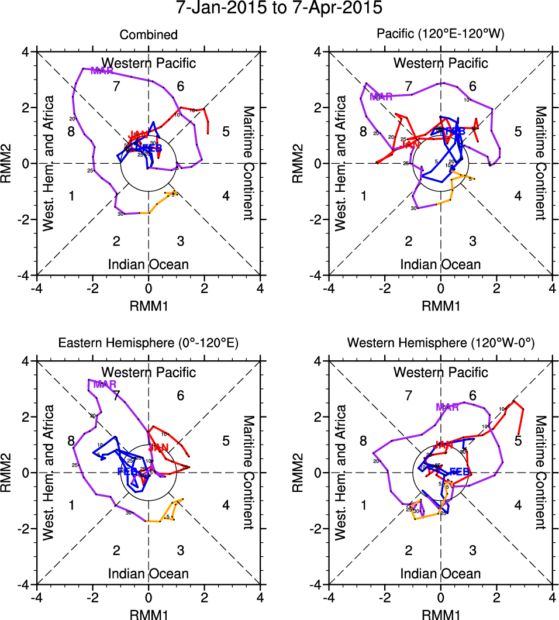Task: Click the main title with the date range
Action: pyautogui.click(x=279, y=9)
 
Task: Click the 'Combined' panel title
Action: pyautogui.click(x=149, y=35)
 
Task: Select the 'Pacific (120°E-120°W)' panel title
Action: pyautogui.click(x=441, y=35)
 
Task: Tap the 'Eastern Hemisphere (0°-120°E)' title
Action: pyautogui.click(x=149, y=345)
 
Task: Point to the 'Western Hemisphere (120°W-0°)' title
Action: pyautogui.click(x=441, y=345)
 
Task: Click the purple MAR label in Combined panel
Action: pyautogui.click(x=102, y=71)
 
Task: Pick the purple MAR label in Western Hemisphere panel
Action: pyautogui.click(x=447, y=407)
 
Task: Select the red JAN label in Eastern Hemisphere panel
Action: pyautogui.click(x=158, y=448)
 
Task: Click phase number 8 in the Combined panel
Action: pyautogui.click(x=71, y=131)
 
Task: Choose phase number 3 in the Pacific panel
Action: pyautogui.click(x=472, y=241)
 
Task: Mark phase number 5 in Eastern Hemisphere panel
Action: pyautogui.click(x=226, y=441)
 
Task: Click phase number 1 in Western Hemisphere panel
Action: pyautogui.click(x=364, y=505)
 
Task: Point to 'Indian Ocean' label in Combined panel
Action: pyautogui.click(x=149, y=264)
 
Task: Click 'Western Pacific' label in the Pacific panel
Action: pyautogui.click(x=441, y=63)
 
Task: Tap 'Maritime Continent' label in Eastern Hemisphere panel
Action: pyautogui.click(x=248, y=473)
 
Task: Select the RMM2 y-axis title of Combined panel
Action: pyautogui.click(x=11, y=163)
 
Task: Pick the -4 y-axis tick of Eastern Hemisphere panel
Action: pyautogui.click(x=26, y=585)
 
